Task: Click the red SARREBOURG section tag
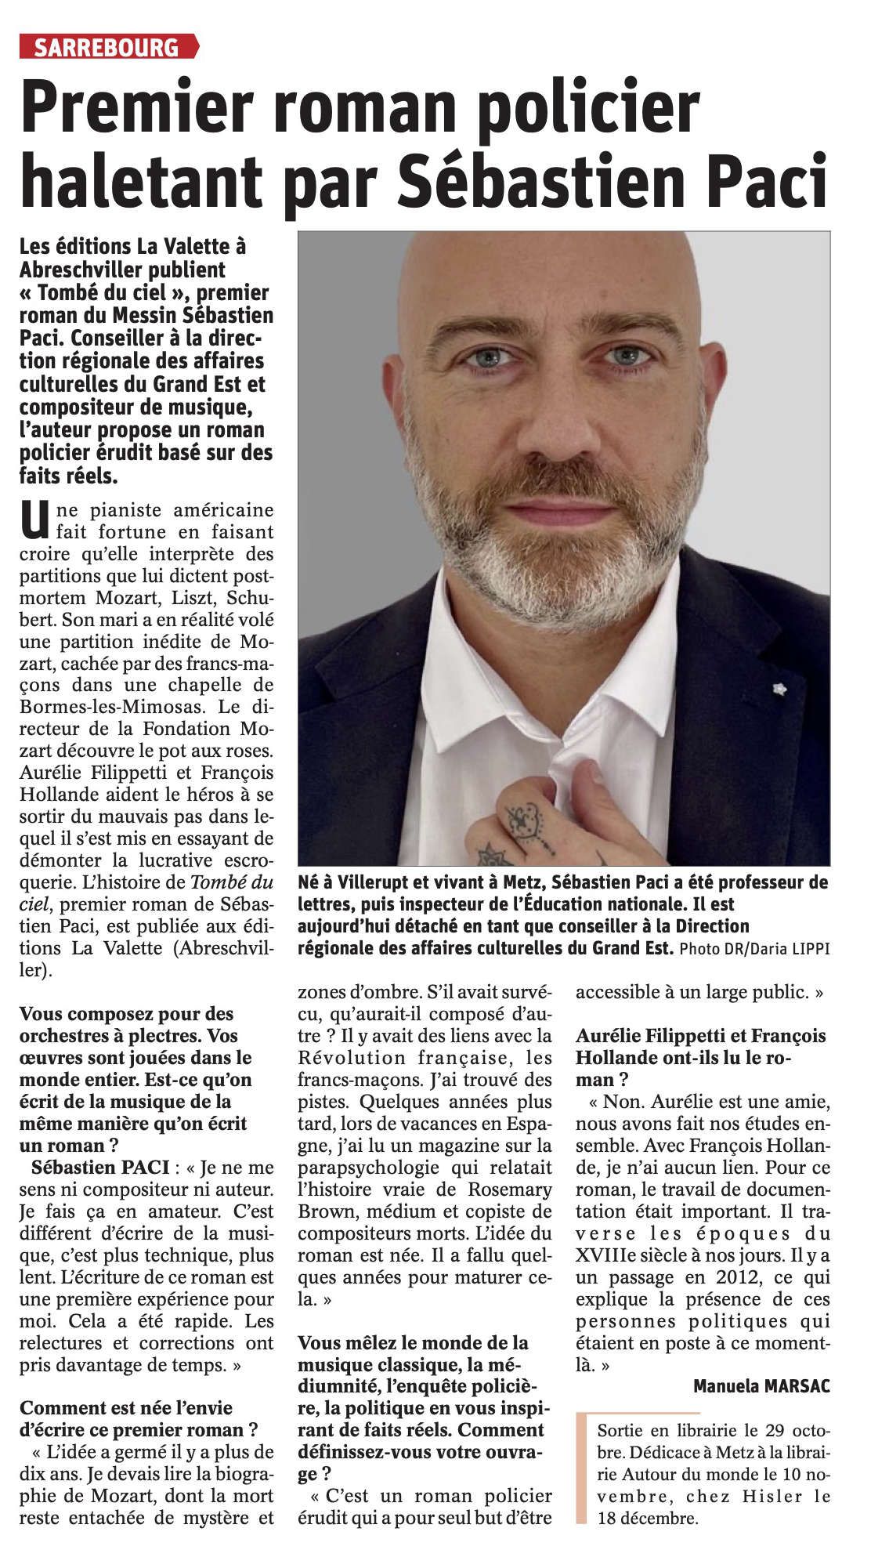(x=108, y=47)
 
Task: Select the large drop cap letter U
(x=33, y=521)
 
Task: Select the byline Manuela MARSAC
(x=761, y=1385)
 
